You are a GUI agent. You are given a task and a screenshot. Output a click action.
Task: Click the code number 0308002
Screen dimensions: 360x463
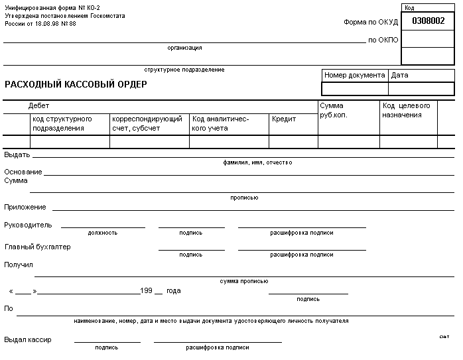(x=428, y=21)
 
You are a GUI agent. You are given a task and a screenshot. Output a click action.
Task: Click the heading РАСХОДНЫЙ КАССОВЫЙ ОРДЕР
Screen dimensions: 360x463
(x=76, y=84)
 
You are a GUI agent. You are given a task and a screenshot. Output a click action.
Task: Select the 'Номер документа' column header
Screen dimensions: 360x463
(x=354, y=76)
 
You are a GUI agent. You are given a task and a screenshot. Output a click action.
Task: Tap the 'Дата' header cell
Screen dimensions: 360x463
(x=400, y=76)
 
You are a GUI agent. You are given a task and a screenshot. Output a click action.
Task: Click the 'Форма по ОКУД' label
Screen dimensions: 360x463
(x=371, y=22)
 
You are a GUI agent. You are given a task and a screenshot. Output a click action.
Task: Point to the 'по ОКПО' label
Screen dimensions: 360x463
(x=383, y=40)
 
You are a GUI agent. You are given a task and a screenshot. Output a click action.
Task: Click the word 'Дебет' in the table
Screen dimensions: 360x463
(x=38, y=106)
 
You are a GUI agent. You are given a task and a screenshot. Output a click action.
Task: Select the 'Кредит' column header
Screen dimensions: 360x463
(x=284, y=119)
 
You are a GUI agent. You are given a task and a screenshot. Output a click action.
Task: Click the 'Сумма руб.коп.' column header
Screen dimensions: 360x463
(x=332, y=110)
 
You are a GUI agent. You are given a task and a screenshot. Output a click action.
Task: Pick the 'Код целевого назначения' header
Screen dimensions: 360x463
(x=406, y=110)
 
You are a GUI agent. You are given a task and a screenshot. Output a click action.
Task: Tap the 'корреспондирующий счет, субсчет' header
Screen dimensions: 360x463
(x=147, y=123)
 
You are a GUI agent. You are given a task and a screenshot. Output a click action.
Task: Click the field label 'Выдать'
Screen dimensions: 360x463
(x=17, y=154)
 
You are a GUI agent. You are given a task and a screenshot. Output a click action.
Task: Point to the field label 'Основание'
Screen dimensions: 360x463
(x=23, y=172)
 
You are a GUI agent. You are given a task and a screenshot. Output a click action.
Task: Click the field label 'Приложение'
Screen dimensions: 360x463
(x=25, y=208)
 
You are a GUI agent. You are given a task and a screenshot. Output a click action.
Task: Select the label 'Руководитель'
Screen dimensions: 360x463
(x=28, y=225)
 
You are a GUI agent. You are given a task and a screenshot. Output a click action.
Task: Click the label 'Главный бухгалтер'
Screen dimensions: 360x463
(x=38, y=247)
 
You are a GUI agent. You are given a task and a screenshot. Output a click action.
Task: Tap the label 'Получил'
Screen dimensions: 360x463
(x=19, y=265)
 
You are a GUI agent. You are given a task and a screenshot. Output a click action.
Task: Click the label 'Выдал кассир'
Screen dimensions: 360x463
(x=28, y=340)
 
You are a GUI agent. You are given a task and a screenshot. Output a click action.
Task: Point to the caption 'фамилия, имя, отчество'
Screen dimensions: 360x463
(x=258, y=162)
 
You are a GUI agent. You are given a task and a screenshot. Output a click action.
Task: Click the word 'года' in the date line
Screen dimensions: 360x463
(x=173, y=291)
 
